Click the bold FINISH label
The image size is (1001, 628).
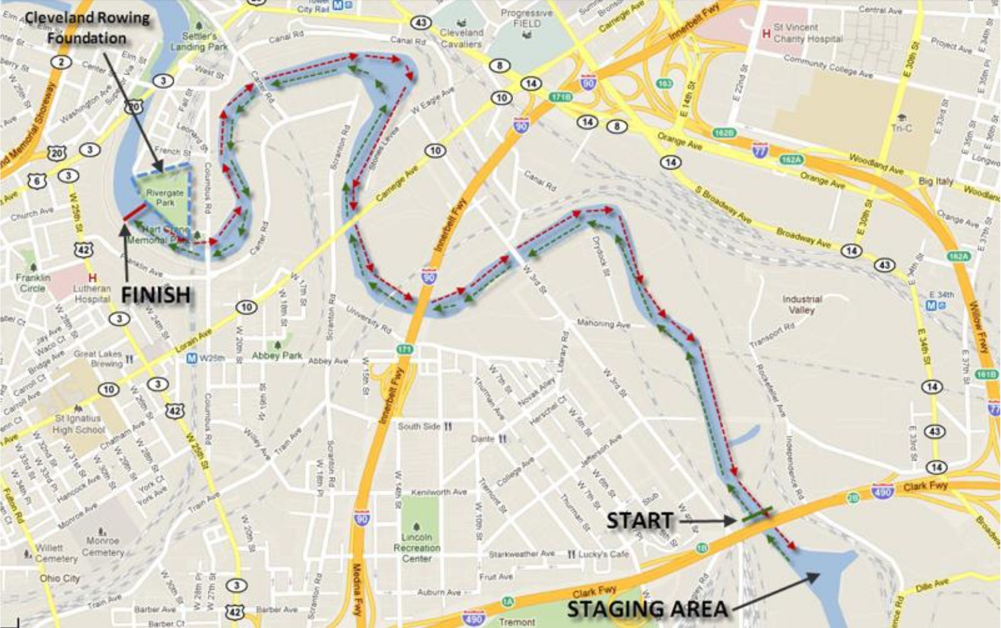click(x=156, y=295)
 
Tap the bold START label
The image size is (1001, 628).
click(x=639, y=520)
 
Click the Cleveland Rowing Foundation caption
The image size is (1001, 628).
click(x=87, y=28)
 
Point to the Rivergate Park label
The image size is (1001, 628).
click(x=165, y=197)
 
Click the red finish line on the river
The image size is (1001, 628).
click(x=134, y=212)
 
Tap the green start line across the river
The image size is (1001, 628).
click(x=756, y=514)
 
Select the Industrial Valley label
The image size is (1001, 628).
click(x=801, y=304)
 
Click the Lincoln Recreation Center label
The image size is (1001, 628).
click(x=416, y=547)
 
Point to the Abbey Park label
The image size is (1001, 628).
click(x=277, y=356)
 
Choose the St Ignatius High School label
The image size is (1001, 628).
click(x=78, y=423)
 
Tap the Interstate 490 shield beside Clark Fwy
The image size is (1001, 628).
click(x=882, y=491)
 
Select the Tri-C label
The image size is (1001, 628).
click(x=901, y=128)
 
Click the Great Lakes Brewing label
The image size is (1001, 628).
click(x=98, y=359)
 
